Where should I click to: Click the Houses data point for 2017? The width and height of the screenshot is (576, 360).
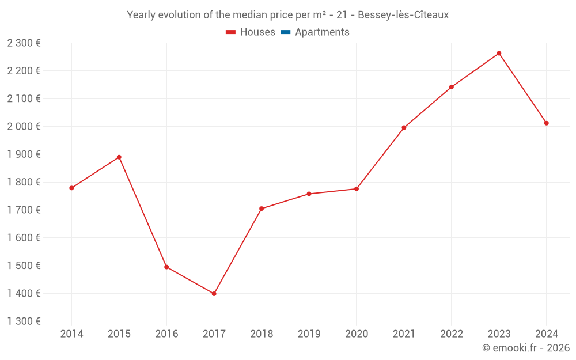pyautogui.click(x=214, y=294)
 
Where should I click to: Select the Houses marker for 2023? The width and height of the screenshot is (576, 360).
pyautogui.click(x=499, y=54)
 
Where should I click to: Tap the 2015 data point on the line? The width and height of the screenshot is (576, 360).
pyautogui.click(x=119, y=157)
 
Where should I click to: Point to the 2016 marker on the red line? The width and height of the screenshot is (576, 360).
pyautogui.click(x=166, y=267)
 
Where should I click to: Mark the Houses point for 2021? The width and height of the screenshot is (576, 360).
pyautogui.click(x=404, y=128)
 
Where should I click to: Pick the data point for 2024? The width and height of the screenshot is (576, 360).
pyautogui.click(x=546, y=123)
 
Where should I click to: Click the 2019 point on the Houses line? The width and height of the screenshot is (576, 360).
pyautogui.click(x=309, y=194)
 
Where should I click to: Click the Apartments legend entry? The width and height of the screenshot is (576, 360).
pyautogui.click(x=322, y=32)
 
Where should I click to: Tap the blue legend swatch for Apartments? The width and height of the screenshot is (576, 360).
pyautogui.click(x=285, y=32)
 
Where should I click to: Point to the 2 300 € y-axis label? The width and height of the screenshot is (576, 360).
pyautogui.click(x=24, y=43)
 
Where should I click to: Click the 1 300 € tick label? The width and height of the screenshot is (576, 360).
pyautogui.click(x=24, y=321)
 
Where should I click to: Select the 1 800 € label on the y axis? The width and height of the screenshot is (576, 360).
pyautogui.click(x=24, y=182)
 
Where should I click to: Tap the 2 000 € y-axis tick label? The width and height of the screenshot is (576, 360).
pyautogui.click(x=24, y=127)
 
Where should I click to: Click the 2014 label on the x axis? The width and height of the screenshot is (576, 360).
pyautogui.click(x=71, y=334)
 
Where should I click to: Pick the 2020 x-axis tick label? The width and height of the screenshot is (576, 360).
pyautogui.click(x=357, y=334)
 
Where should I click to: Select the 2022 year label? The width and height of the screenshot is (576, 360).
pyautogui.click(x=452, y=334)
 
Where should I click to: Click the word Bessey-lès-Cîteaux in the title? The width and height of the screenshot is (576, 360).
pyautogui.click(x=403, y=15)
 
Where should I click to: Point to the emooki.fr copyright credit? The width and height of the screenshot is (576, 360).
pyautogui.click(x=526, y=348)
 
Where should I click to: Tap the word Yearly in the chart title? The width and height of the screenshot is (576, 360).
pyautogui.click(x=142, y=15)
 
